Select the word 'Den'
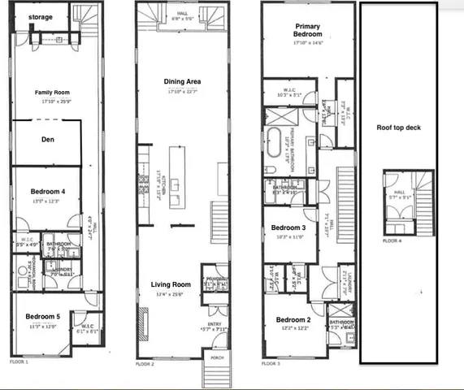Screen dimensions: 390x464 click(47, 139)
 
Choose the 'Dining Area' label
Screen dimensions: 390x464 click(181, 82)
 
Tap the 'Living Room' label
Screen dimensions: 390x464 click(171, 284)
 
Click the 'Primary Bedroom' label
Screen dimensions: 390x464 click(308, 29)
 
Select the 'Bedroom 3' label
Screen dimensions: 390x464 click(288, 227)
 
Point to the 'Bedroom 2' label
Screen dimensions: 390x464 click(292, 320)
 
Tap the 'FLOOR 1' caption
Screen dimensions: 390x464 click(19, 361)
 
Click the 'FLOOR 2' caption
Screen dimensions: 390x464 click(145, 364)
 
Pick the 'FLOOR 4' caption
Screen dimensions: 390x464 click(393, 241)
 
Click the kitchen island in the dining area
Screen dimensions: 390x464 click(174, 175)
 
